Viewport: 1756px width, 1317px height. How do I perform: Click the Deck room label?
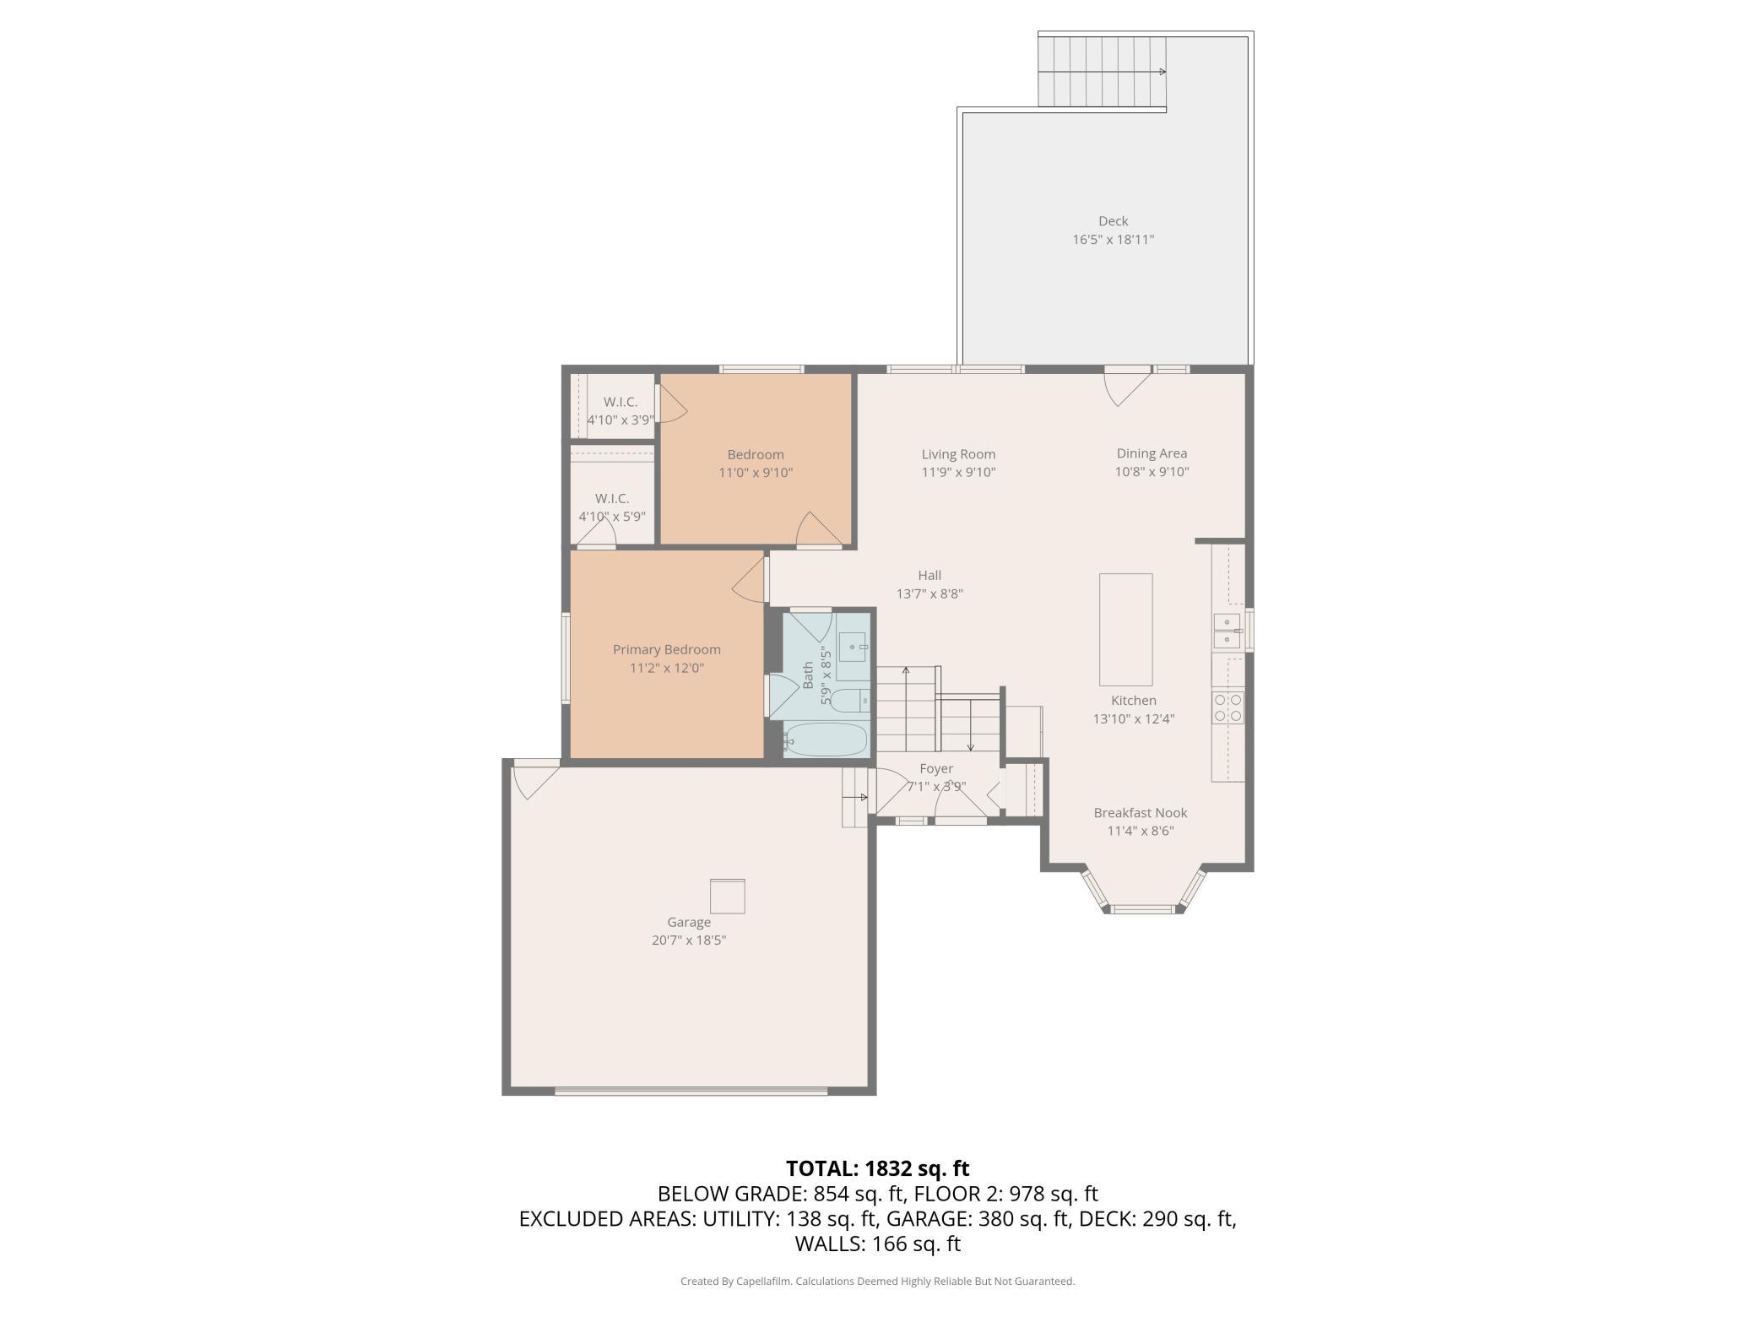click(x=1113, y=221)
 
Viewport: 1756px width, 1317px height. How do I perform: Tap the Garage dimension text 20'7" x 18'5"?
click(x=689, y=940)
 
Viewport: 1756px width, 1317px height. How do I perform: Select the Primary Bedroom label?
click(x=667, y=649)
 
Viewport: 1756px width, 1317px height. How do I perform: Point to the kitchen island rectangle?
click(x=1125, y=630)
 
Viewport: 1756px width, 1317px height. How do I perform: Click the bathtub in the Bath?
click(x=825, y=740)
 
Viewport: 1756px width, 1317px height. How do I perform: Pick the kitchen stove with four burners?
click(x=1228, y=707)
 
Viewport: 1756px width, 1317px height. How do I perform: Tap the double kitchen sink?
click(x=1227, y=631)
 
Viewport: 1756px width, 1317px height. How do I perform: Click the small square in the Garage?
click(x=727, y=896)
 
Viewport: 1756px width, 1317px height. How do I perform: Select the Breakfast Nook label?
click(x=1141, y=813)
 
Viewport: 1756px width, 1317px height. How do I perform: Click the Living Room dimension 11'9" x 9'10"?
click(x=958, y=473)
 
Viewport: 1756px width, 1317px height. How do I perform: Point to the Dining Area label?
click(x=1152, y=453)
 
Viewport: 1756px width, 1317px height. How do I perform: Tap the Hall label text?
click(x=929, y=576)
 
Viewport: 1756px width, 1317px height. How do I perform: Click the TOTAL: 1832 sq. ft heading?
click(x=878, y=1168)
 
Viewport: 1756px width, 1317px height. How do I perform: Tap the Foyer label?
click(x=936, y=769)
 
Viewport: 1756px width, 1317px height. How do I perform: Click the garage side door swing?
click(x=535, y=780)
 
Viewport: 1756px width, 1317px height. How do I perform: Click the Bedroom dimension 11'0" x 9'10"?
click(x=756, y=473)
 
